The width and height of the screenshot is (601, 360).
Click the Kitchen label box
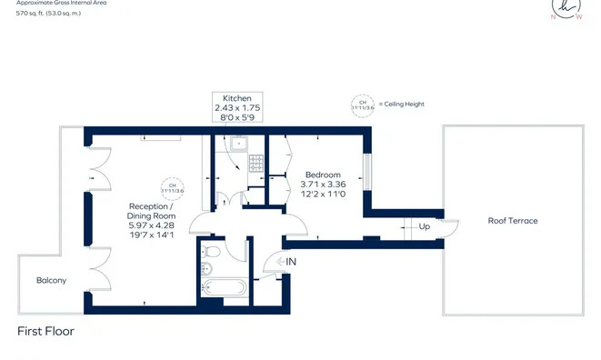(x=238, y=108)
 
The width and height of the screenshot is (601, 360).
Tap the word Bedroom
(x=323, y=175)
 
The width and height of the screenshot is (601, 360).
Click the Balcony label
(x=51, y=281)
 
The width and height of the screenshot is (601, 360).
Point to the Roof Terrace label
(x=513, y=221)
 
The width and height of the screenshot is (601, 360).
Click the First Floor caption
(x=45, y=332)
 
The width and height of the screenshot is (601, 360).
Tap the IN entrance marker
(x=291, y=262)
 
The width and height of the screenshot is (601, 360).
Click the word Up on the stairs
(x=425, y=226)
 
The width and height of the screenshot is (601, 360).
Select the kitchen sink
(x=241, y=143)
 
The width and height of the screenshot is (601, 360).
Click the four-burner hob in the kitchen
(x=255, y=164)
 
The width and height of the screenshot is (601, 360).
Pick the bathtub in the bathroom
(x=223, y=288)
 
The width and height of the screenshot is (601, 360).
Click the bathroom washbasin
(x=205, y=268)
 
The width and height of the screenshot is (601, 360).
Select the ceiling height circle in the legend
(x=362, y=105)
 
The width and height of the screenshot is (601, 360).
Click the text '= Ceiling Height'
(x=401, y=105)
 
